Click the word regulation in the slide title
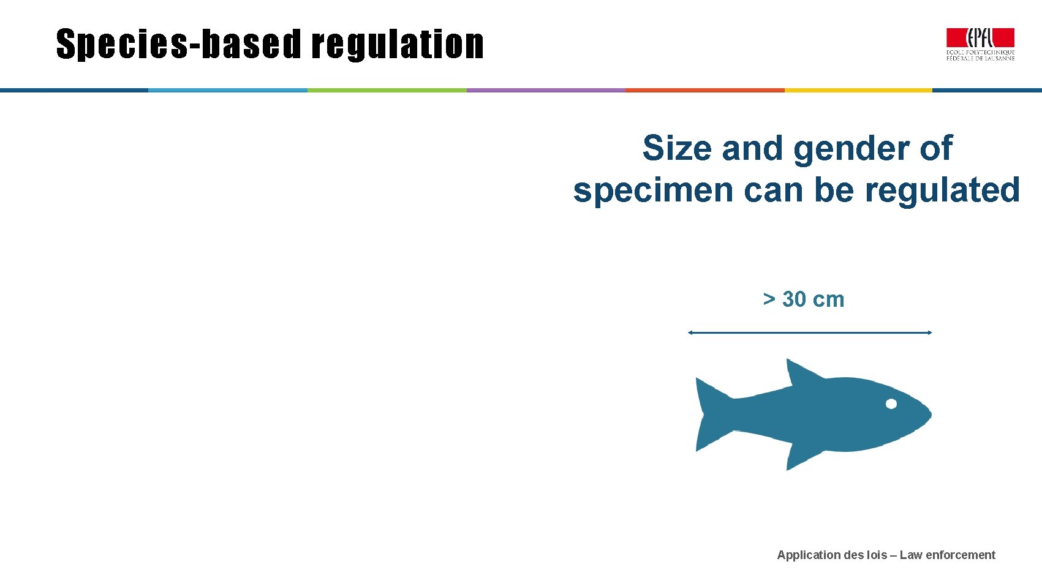point(398,45)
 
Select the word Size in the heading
point(677,148)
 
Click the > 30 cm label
point(803,299)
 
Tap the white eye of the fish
point(891,404)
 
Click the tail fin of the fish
point(711,415)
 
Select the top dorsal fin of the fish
point(800,373)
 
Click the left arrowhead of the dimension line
point(690,332)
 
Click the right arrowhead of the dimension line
point(929,332)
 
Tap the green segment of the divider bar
point(387,90)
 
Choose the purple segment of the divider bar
point(546,90)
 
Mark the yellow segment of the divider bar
point(858,90)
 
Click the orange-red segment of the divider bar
point(704,90)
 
